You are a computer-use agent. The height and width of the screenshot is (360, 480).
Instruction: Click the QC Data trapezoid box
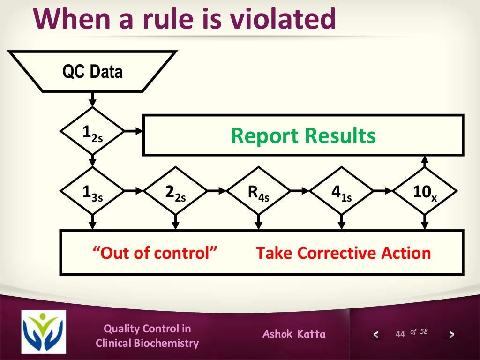(x=92, y=71)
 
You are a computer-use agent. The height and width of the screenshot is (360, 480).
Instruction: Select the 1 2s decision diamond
(x=92, y=133)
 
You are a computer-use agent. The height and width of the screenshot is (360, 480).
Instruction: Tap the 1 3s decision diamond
(x=92, y=193)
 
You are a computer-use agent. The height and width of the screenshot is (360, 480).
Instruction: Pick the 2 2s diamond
(x=175, y=193)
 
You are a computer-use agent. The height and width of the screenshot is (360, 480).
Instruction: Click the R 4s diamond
(x=258, y=193)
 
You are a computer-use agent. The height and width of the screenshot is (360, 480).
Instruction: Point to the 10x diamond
(x=425, y=193)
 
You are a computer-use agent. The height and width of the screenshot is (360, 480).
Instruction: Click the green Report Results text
(x=303, y=136)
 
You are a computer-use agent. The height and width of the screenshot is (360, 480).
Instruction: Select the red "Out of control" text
(x=155, y=253)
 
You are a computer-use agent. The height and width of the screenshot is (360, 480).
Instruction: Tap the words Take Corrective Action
(x=343, y=253)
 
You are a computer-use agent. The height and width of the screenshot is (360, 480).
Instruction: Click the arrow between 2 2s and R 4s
(x=216, y=191)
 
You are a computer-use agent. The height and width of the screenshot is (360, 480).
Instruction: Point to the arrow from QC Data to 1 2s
(x=92, y=99)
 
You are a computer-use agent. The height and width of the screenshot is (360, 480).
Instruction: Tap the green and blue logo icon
(x=44, y=332)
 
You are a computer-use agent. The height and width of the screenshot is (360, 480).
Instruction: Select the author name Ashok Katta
(x=294, y=334)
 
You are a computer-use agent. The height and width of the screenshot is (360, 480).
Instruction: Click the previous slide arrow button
(x=375, y=335)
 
